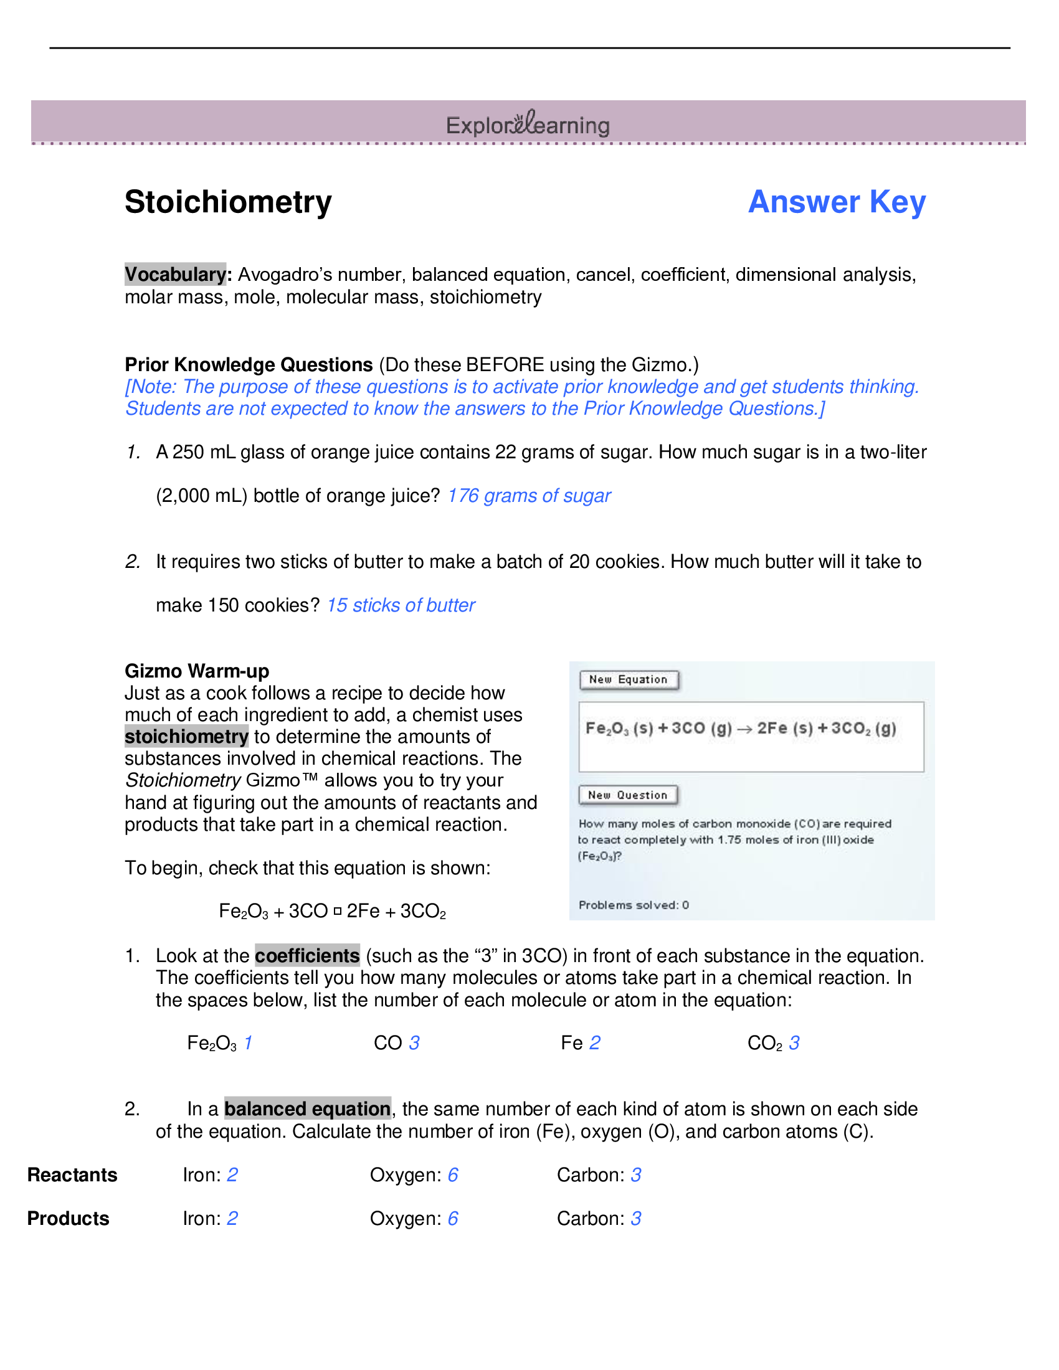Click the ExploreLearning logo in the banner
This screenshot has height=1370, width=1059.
(528, 124)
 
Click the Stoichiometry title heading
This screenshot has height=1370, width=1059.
(228, 202)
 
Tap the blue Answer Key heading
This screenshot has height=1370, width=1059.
(836, 202)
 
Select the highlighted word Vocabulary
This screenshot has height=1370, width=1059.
(175, 274)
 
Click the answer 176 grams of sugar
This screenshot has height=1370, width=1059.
(529, 496)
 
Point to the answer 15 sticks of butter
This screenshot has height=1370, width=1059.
(401, 605)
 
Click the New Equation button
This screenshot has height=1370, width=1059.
(628, 679)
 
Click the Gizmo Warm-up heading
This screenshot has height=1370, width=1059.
(197, 671)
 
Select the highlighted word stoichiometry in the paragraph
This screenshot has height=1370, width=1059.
(186, 737)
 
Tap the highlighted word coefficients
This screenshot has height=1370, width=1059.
(306, 955)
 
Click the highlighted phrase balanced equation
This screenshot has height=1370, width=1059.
(307, 1108)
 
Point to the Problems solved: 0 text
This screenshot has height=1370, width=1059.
(633, 905)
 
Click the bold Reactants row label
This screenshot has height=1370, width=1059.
(73, 1174)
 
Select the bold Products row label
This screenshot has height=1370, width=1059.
(69, 1218)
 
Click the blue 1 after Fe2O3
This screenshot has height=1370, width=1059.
(248, 1042)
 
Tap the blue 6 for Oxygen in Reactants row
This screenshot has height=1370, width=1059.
(452, 1174)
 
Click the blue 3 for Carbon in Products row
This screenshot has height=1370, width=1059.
(635, 1218)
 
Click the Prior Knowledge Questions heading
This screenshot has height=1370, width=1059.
(249, 364)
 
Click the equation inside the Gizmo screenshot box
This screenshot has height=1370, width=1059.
(740, 729)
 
